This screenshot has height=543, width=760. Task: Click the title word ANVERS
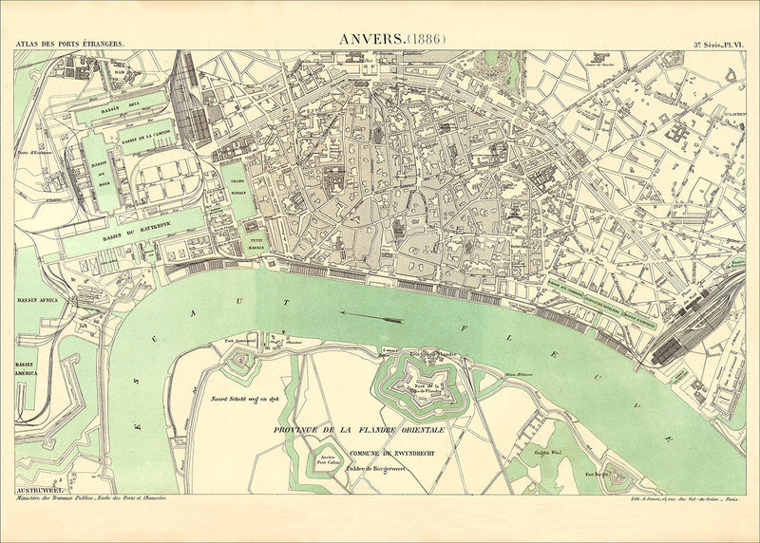[x=370, y=39]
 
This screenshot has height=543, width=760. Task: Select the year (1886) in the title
[x=426, y=39]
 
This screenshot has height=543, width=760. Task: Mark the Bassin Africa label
[x=37, y=301]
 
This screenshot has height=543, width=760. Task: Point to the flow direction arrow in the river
[x=371, y=316]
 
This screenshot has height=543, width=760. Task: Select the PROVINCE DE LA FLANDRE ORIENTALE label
[x=359, y=430]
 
